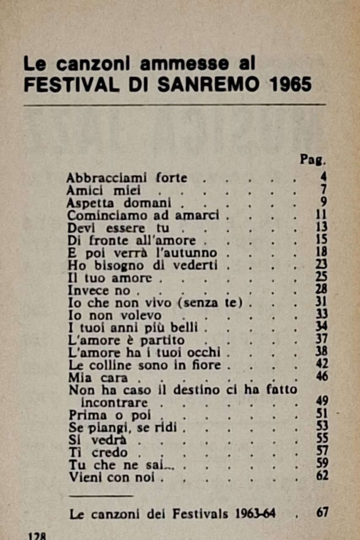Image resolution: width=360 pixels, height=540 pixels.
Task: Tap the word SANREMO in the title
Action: coord(208,84)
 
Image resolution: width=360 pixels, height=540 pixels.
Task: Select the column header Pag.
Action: coord(313,160)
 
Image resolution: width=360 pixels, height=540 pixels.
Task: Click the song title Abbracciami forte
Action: coord(127,178)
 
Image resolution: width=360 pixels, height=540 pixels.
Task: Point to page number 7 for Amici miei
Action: coord(324,190)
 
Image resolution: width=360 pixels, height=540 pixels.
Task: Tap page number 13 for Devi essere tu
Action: coord(322,228)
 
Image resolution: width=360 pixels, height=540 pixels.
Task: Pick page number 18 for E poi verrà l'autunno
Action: coord(322,253)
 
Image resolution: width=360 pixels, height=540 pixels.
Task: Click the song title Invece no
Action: coord(100,291)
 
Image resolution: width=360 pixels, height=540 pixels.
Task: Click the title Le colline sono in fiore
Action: coord(145,365)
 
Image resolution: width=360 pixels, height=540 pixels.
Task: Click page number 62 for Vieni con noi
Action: coord(322,477)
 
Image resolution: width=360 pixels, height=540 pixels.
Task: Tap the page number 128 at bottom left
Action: coord(37,536)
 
